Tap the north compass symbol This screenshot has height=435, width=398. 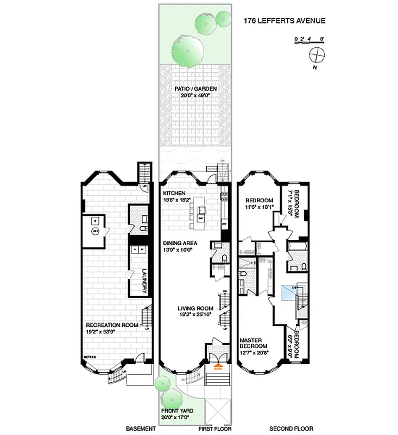pyautogui.click(x=317, y=55)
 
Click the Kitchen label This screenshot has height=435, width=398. pyautogui.click(x=174, y=193)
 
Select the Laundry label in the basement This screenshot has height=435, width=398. pyautogui.click(x=145, y=281)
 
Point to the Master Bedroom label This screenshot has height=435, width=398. pyautogui.click(x=254, y=343)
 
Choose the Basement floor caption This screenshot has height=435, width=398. pyautogui.click(x=141, y=429)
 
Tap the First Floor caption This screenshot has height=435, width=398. pyautogui.click(x=216, y=429)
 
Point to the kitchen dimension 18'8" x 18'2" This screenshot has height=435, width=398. pyautogui.click(x=177, y=200)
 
